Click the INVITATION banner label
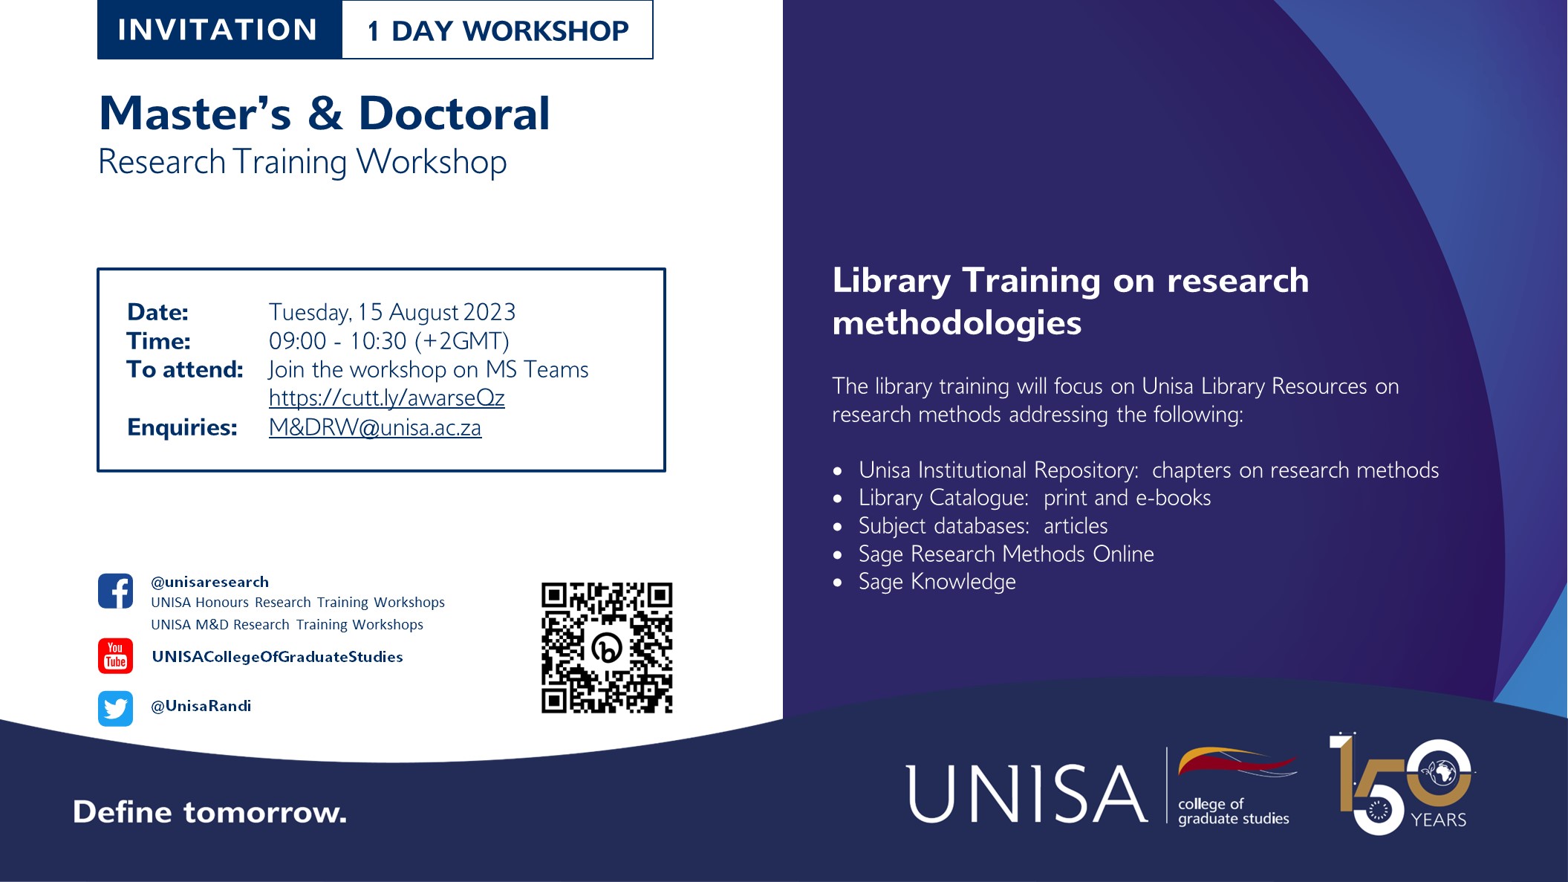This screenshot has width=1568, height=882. tap(218, 30)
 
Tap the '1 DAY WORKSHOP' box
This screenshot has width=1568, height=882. tap(498, 30)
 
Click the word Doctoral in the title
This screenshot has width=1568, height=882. tap(454, 114)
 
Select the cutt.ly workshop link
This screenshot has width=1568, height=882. tap(386, 398)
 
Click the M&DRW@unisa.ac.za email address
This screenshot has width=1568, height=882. tap(375, 427)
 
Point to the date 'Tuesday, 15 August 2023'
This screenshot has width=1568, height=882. tap(391, 312)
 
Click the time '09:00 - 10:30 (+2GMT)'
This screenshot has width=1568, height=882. tap(388, 341)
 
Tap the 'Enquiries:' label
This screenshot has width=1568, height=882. tap(182, 427)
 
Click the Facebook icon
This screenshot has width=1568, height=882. tap(115, 591)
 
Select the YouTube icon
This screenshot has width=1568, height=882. tap(115, 655)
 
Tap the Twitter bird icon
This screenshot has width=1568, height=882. tap(115, 708)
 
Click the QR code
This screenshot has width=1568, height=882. tap(607, 647)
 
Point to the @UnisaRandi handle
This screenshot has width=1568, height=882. tap(201, 706)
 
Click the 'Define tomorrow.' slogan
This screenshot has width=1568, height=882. tap(209, 812)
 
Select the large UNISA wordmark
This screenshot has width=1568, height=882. tap(1027, 794)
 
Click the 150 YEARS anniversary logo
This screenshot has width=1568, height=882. tap(1402, 784)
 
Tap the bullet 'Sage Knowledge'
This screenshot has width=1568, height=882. tap(937, 582)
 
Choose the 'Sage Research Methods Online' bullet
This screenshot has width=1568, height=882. tap(1006, 554)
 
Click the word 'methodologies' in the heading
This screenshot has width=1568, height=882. tap(957, 323)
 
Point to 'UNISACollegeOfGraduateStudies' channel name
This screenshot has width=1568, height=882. tap(277, 657)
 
